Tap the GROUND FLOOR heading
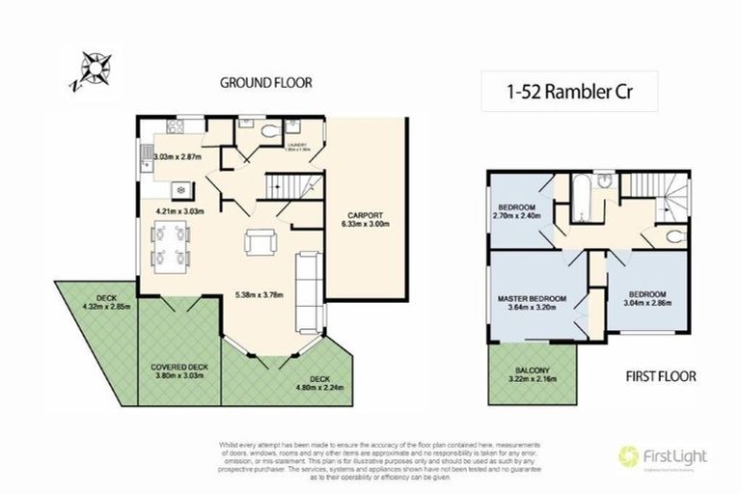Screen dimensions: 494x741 click(265, 83)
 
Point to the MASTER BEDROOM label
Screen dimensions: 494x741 click(532, 299)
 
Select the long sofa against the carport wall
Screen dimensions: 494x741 click(310, 289)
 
